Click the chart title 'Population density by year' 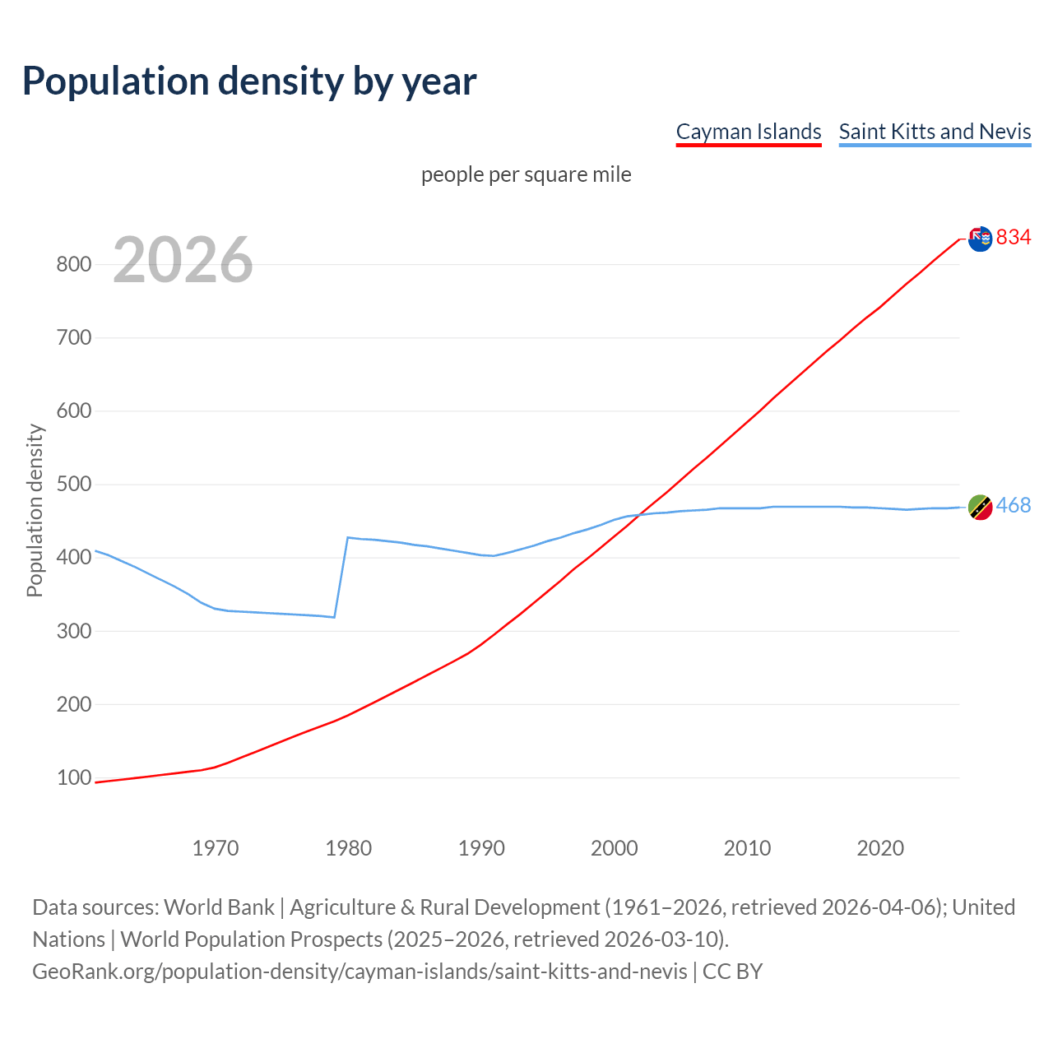(x=249, y=81)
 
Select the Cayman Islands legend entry (x=749, y=132)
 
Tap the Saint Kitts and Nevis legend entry (x=935, y=132)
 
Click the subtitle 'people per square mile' (x=526, y=175)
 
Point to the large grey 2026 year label (x=183, y=260)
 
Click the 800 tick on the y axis (x=73, y=265)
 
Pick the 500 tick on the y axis (x=73, y=485)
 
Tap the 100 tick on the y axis (x=73, y=778)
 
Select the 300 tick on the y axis (x=73, y=631)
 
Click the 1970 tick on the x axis (x=216, y=848)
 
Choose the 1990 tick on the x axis (x=481, y=848)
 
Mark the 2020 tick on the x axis (x=880, y=848)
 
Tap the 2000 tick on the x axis (x=615, y=848)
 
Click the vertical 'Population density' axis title (x=35, y=510)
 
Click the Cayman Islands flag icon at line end (x=980, y=239)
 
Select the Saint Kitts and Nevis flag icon (x=980, y=508)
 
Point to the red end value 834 (x=1014, y=238)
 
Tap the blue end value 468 (x=1014, y=506)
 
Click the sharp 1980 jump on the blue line (x=341, y=576)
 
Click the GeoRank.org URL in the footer (x=360, y=972)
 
